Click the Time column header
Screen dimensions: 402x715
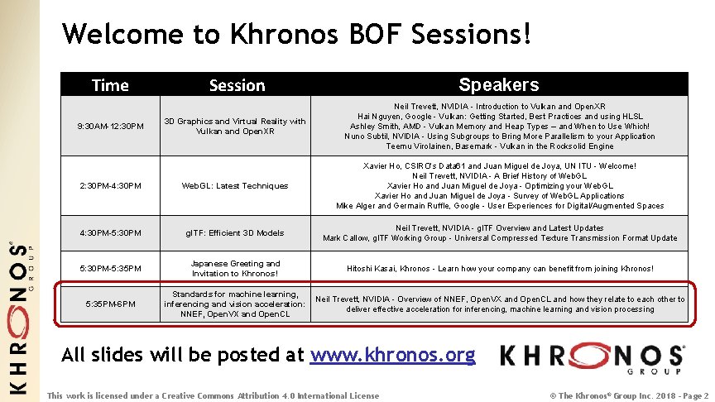tap(110, 85)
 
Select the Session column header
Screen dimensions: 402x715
tap(237, 85)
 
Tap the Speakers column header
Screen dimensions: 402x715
tap(498, 84)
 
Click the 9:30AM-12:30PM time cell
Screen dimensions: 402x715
tap(110, 127)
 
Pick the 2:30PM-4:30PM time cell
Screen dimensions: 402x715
tap(110, 186)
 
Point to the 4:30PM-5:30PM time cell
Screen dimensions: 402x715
tap(110, 233)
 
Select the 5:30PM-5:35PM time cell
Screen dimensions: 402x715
tap(110, 269)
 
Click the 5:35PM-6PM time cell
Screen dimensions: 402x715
tap(110, 304)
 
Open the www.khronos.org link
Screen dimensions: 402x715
tap(392, 356)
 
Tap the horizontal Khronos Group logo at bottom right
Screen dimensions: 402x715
tap(592, 357)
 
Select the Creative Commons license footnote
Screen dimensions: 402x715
tap(214, 395)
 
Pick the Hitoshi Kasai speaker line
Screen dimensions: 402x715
tap(499, 269)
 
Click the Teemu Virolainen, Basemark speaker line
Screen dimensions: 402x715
tap(499, 146)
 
